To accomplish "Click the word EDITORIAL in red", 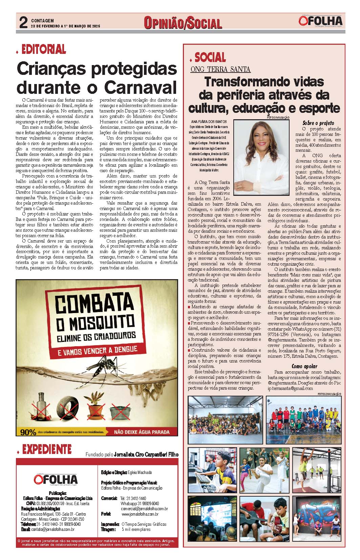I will [x=44, y=49].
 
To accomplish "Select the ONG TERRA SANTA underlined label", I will [x=220, y=69].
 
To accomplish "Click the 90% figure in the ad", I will [x=28, y=432].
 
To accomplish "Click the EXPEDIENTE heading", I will [x=47, y=449].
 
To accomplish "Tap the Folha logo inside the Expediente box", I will [x=56, y=479].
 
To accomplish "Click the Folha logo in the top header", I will [x=321, y=21].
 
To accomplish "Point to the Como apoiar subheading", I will [x=304, y=366].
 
